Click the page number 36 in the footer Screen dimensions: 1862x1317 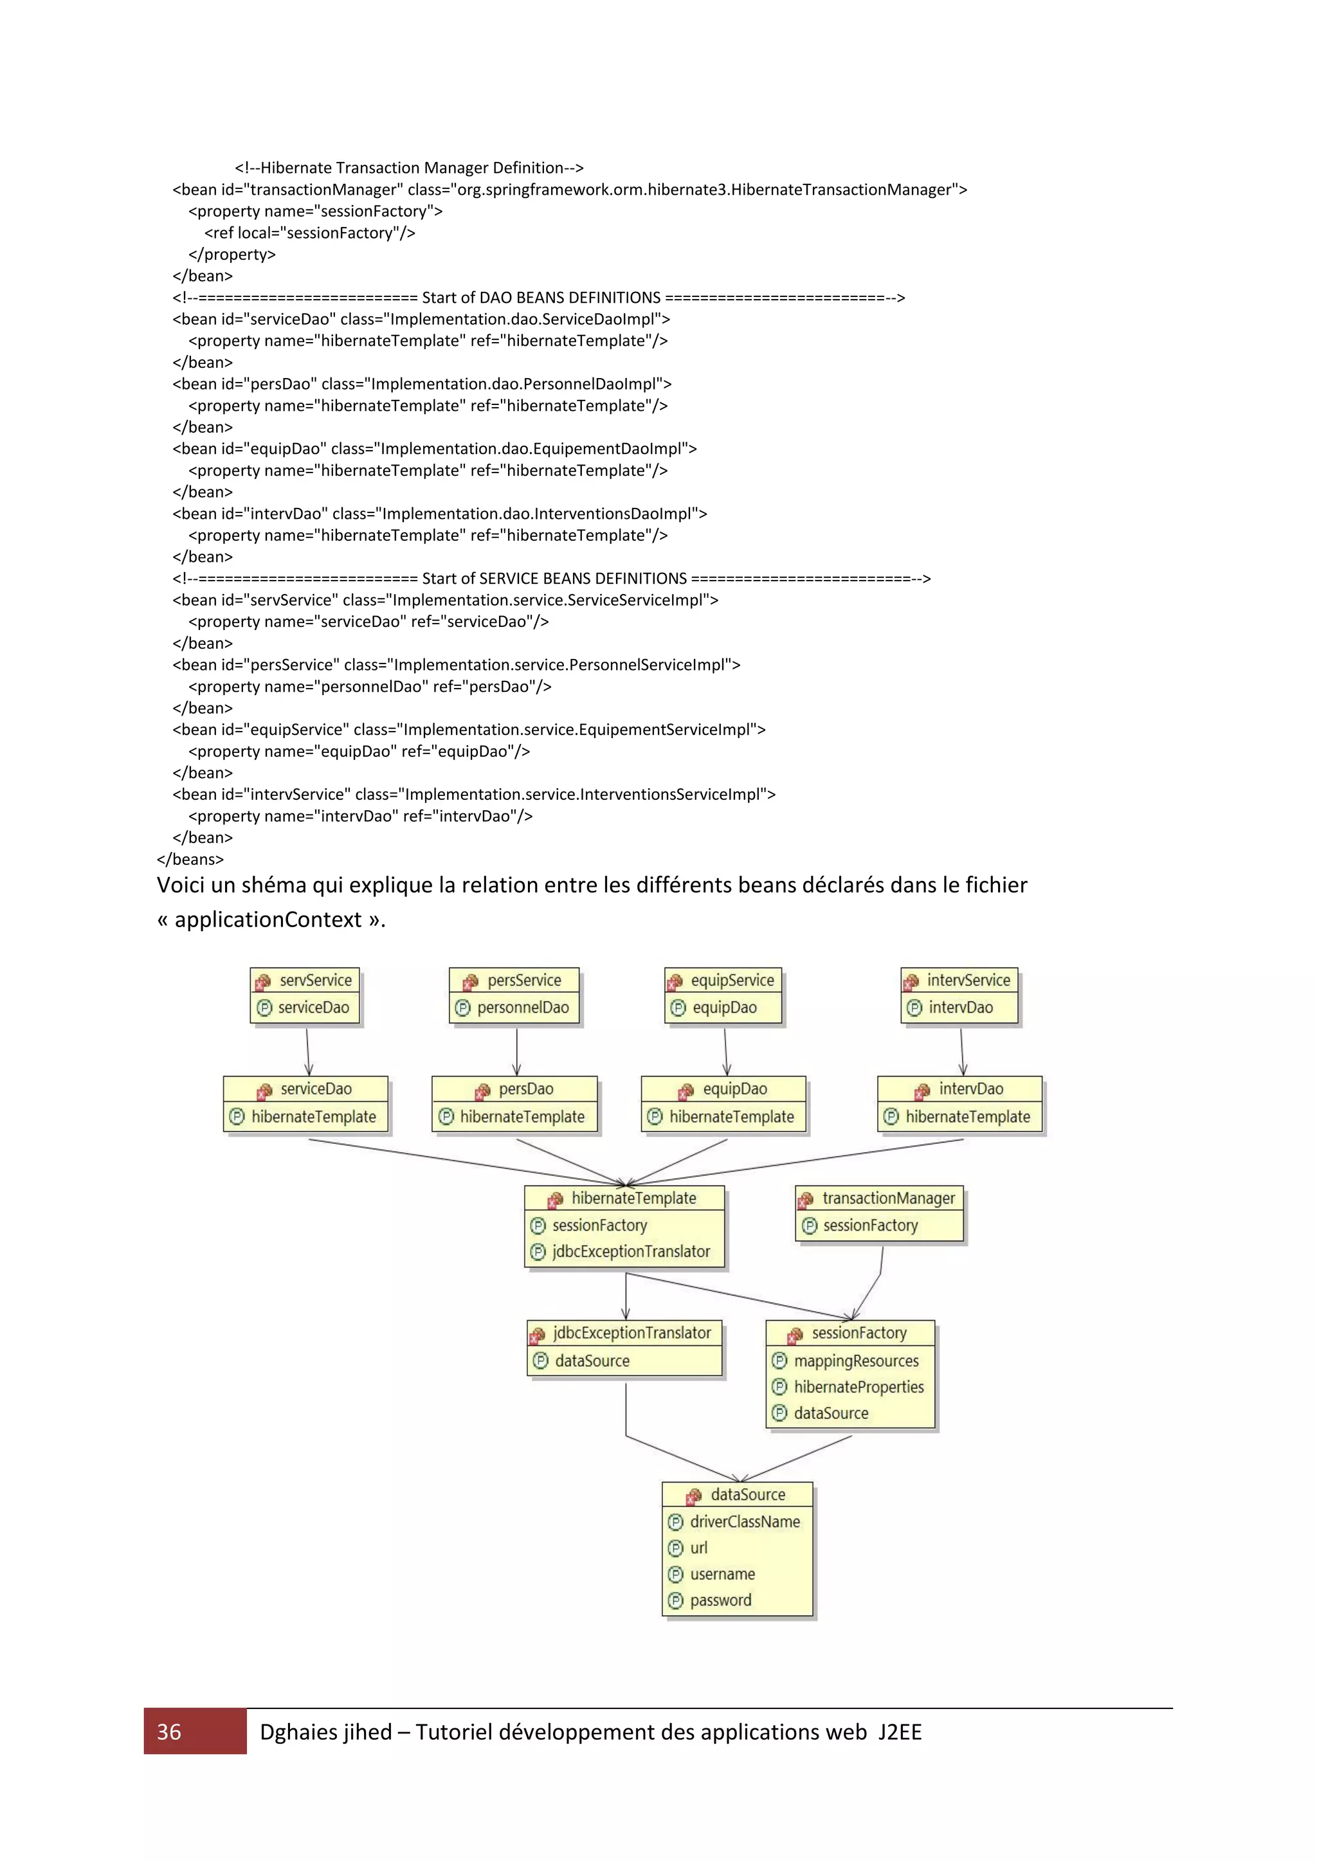coord(168,1731)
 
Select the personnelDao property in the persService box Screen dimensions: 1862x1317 coord(522,1008)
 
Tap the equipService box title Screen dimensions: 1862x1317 coord(731,980)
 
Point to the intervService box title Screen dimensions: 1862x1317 coord(968,980)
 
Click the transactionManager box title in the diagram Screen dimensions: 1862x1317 coord(888,1198)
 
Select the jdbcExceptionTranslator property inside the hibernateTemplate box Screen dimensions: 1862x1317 coord(630,1251)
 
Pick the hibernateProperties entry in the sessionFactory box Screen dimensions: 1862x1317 coord(858,1387)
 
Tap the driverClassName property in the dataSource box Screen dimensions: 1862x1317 coord(745,1521)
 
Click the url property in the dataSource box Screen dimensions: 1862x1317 coord(698,1548)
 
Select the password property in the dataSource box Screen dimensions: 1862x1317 coord(720,1600)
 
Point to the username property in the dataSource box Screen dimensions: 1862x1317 coord(722,1574)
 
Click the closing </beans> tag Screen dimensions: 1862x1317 coord(190,859)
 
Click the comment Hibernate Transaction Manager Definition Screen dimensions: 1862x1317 coord(409,168)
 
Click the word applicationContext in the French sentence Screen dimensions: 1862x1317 coord(268,919)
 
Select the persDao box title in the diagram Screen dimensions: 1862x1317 coord(525,1089)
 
